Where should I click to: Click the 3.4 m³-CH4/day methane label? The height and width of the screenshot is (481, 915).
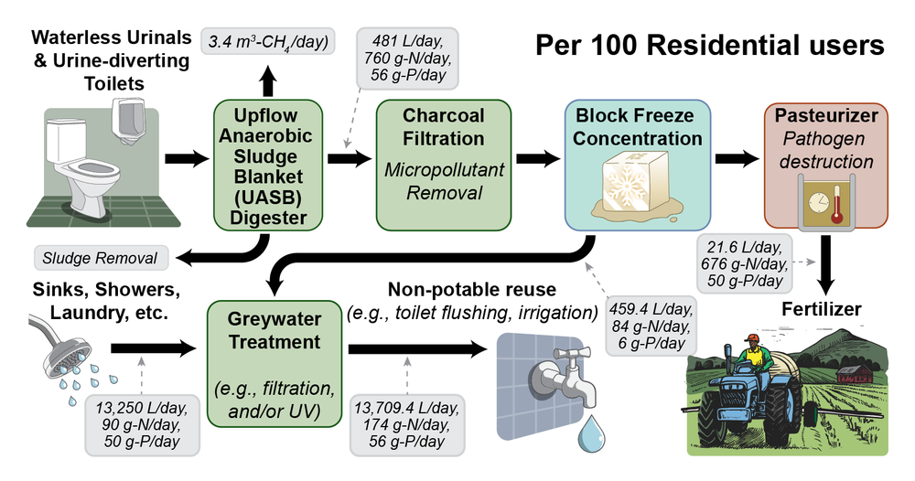click(267, 41)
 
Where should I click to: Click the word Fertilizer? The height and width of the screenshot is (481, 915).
click(821, 309)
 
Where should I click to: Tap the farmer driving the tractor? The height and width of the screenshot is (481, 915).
click(750, 352)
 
